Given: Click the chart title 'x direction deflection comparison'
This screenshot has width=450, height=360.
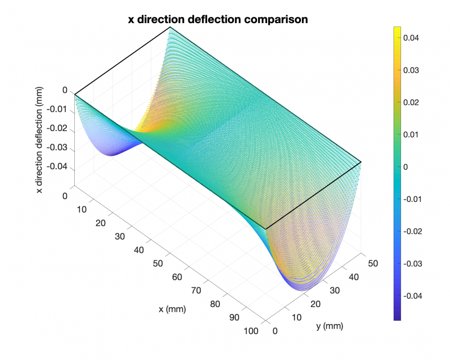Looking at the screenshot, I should click(218, 19).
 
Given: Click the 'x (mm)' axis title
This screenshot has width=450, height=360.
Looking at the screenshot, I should click(172, 309).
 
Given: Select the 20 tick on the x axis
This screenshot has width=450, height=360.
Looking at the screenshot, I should click(100, 223).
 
